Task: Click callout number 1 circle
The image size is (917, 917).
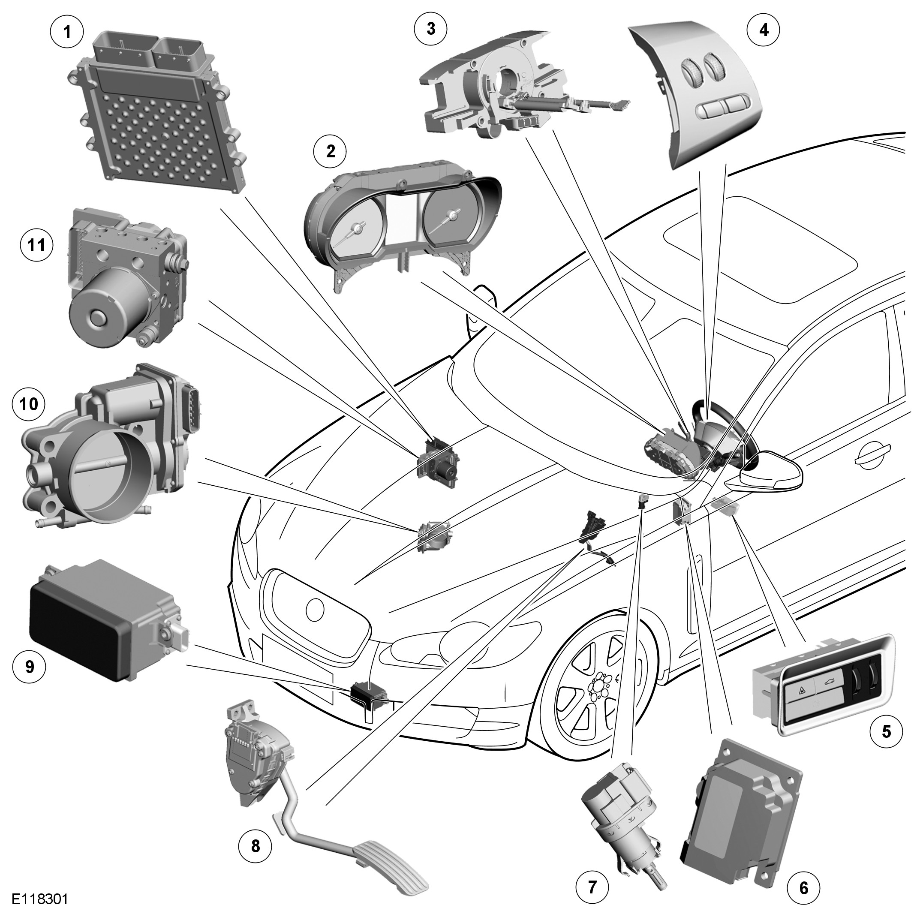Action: (67, 32)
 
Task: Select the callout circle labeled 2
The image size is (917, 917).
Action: (331, 151)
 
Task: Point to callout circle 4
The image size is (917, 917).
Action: (763, 30)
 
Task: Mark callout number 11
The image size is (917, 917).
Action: (36, 246)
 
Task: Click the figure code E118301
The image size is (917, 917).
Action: (40, 899)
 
